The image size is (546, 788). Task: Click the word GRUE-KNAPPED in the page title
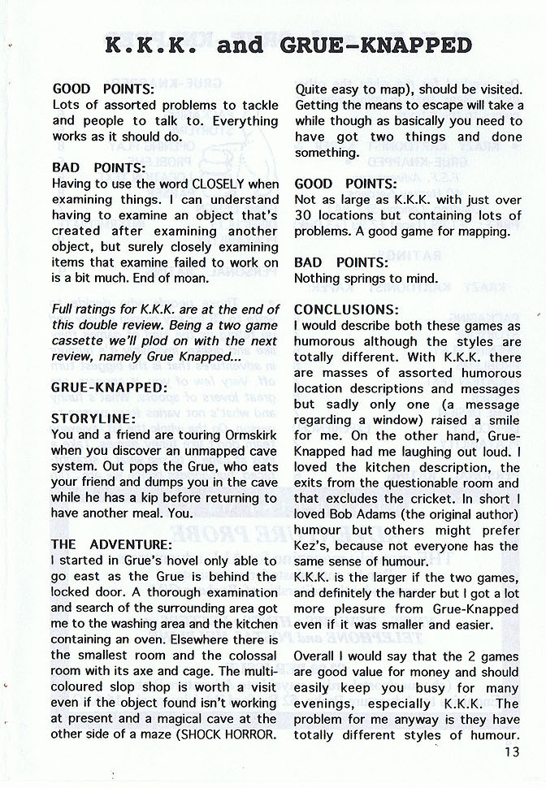(x=375, y=44)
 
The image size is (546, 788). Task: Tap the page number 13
(x=511, y=751)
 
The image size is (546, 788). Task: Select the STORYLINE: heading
(x=92, y=419)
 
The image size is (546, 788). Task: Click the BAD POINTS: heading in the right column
(x=341, y=262)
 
